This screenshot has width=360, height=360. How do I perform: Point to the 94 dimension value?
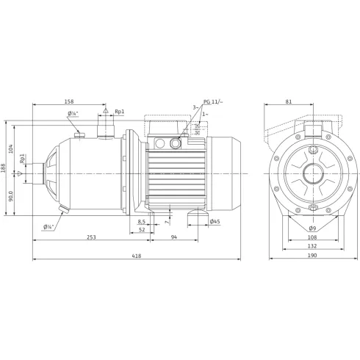tap(175, 237)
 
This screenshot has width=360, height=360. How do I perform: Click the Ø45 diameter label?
tap(215, 221)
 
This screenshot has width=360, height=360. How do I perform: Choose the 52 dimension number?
tap(141, 230)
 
